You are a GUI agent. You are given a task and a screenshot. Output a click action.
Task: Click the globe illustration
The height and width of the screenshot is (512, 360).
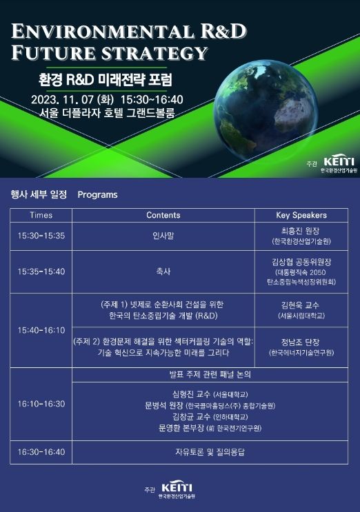(x=266, y=110)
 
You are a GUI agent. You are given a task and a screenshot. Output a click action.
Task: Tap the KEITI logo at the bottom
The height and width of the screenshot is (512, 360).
(x=177, y=489)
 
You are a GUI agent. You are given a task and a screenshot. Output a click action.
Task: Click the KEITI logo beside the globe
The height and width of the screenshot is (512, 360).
(x=339, y=163)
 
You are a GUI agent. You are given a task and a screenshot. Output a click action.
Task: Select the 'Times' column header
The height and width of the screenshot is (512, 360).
(x=41, y=215)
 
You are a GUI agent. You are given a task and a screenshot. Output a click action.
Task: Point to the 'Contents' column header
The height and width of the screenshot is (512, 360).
(x=163, y=215)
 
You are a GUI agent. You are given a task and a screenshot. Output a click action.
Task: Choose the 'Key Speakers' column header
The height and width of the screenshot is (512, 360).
(x=301, y=215)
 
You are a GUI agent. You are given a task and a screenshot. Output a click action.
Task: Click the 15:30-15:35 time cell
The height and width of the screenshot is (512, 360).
(x=41, y=236)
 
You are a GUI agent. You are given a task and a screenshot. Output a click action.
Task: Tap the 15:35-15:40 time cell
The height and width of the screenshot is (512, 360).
(x=41, y=272)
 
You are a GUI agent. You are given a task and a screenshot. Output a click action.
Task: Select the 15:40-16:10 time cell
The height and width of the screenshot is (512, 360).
(x=41, y=330)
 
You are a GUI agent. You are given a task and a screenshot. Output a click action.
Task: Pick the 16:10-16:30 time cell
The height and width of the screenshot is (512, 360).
(x=41, y=404)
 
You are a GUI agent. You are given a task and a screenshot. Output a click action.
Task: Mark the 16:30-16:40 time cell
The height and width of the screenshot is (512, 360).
(x=41, y=452)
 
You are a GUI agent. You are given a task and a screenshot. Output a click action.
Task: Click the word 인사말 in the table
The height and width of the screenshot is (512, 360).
(x=163, y=236)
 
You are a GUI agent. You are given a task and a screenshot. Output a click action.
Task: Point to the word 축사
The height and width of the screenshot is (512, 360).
(x=163, y=272)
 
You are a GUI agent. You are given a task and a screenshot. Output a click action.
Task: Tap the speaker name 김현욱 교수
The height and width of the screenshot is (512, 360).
(x=300, y=305)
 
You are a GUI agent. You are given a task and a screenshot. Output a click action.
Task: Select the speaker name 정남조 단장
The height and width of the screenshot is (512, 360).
(x=300, y=342)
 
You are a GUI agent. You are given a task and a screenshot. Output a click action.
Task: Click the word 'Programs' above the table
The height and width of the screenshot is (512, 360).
(x=97, y=195)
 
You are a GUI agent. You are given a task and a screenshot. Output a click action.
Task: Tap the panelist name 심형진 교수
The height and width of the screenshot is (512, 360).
(x=191, y=394)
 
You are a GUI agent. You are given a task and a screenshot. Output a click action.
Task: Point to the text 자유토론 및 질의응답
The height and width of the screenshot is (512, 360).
(x=210, y=452)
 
